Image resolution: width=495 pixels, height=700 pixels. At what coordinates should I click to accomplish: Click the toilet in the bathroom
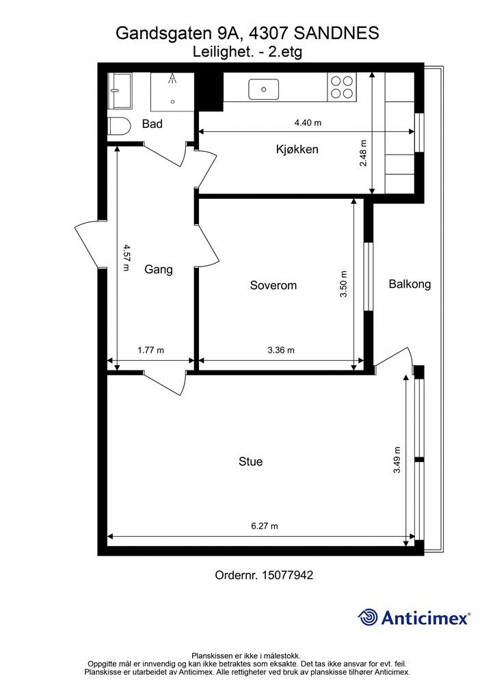point(118,126)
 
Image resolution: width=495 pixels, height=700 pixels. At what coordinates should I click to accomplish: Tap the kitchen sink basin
point(264,90)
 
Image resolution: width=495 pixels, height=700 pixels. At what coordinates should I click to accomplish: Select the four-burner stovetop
point(343,87)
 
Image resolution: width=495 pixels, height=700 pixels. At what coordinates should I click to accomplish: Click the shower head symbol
point(172,79)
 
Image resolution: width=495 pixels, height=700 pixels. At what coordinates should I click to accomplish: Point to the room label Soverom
point(273,285)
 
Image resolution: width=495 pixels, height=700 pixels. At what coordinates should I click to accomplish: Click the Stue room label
point(250,461)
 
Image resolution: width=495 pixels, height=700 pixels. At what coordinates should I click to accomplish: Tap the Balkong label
point(410,284)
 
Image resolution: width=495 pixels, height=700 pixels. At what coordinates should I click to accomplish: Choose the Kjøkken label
point(297,149)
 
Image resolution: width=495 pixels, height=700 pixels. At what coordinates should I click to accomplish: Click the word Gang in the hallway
point(159,269)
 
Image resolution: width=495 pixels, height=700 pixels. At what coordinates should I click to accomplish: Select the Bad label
point(152,124)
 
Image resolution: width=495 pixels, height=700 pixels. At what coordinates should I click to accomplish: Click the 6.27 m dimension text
point(265,526)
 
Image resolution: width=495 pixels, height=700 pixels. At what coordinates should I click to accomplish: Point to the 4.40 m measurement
point(308,123)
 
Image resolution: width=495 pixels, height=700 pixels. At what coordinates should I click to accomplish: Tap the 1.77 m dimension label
point(151,350)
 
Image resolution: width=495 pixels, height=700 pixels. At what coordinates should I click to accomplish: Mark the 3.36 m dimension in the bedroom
point(281,350)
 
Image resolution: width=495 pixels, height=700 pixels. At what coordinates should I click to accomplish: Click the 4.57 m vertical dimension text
point(126,258)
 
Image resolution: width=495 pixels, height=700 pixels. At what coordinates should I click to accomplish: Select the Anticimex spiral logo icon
point(368,617)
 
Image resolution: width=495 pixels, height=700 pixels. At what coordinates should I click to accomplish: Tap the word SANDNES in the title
point(338,33)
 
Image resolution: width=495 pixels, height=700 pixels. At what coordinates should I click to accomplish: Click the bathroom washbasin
point(120,91)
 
